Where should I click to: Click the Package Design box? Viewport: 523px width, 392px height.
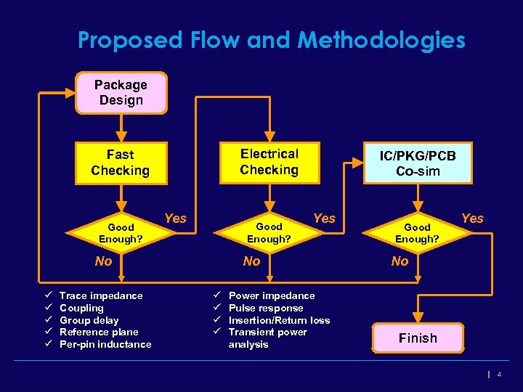pyautogui.click(x=121, y=93)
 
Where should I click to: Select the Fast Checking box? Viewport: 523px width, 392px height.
pyautogui.click(x=121, y=163)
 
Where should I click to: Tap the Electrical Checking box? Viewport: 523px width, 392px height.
pyautogui.click(x=269, y=162)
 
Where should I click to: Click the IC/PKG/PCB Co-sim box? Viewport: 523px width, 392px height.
pyautogui.click(x=417, y=163)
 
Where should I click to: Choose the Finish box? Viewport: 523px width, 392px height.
pyautogui.click(x=418, y=338)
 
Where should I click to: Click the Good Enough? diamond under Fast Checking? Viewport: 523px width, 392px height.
pyautogui.click(x=121, y=233)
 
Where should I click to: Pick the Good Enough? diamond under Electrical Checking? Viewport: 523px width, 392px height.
pyautogui.click(x=269, y=233)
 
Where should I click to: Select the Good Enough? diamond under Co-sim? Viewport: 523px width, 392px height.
pyautogui.click(x=417, y=233)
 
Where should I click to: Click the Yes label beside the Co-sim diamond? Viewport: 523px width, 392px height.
pyautogui.click(x=472, y=219)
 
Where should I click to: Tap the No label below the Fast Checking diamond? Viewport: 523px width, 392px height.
pyautogui.click(x=104, y=261)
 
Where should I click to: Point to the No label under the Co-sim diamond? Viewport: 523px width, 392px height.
pyautogui.click(x=400, y=261)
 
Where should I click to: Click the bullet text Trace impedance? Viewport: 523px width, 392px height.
pyautogui.click(x=101, y=295)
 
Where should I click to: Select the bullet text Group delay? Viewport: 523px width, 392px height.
pyautogui.click(x=89, y=320)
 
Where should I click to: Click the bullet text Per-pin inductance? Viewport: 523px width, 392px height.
pyautogui.click(x=105, y=344)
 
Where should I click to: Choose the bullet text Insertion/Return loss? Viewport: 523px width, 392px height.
pyautogui.click(x=279, y=320)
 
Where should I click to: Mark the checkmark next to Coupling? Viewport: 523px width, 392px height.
pyautogui.click(x=46, y=308)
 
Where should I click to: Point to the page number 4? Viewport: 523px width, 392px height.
pyautogui.click(x=500, y=375)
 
